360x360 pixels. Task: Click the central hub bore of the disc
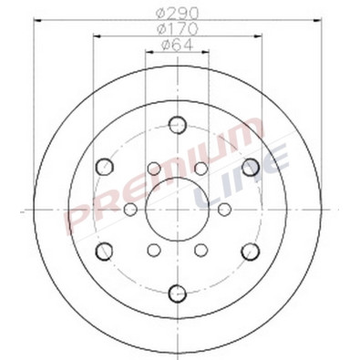[177, 210]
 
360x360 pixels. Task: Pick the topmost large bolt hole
[177, 126]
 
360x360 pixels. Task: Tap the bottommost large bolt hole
[177, 293]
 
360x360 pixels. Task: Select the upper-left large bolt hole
[103, 167]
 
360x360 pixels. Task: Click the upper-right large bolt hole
[251, 167]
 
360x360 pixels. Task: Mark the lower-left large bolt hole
[103, 251]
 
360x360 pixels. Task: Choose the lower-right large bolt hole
[251, 251]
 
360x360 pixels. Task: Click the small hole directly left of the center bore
[130, 210]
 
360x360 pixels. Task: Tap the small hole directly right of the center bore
[223, 210]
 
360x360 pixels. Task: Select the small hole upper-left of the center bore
[153, 169]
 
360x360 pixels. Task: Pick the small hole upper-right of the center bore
[200, 169]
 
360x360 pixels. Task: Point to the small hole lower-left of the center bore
[153, 250]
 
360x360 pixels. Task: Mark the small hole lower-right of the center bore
[200, 250]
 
